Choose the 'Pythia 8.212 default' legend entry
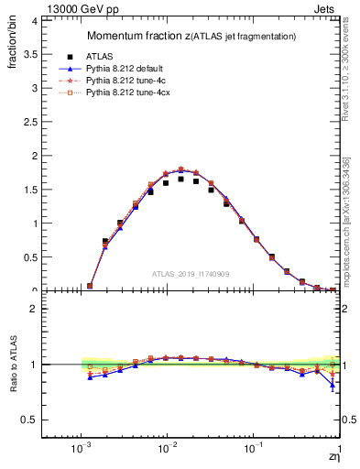click(129, 68)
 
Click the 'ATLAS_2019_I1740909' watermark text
click(190, 274)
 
